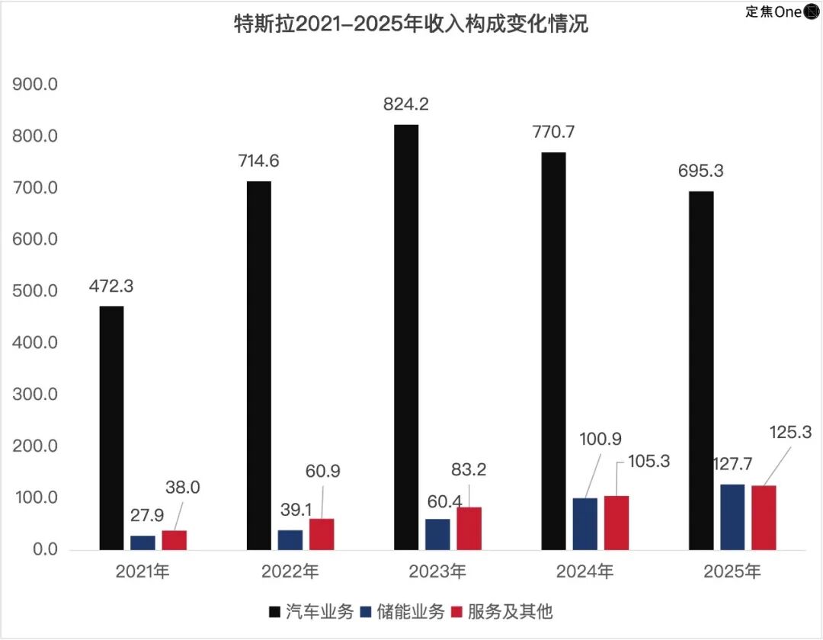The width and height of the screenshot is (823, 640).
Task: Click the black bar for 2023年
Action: (x=406, y=337)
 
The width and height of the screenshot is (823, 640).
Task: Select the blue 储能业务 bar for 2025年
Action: (x=732, y=517)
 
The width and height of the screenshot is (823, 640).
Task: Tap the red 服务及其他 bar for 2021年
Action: (x=175, y=539)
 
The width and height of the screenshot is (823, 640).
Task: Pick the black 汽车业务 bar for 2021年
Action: (x=111, y=427)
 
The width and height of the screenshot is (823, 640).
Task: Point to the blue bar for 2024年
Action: (x=584, y=523)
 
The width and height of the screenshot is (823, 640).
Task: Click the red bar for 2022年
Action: (x=322, y=533)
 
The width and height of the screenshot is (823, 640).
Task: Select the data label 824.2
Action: (x=405, y=105)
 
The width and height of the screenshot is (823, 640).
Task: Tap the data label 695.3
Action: (x=701, y=171)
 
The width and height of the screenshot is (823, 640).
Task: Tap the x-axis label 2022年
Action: (x=290, y=571)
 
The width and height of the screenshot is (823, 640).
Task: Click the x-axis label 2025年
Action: (x=732, y=571)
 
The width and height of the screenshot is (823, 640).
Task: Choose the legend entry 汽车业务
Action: (x=312, y=610)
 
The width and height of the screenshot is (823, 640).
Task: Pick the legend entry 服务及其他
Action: (x=511, y=610)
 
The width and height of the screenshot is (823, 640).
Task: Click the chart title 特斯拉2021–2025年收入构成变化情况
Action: (x=411, y=24)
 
